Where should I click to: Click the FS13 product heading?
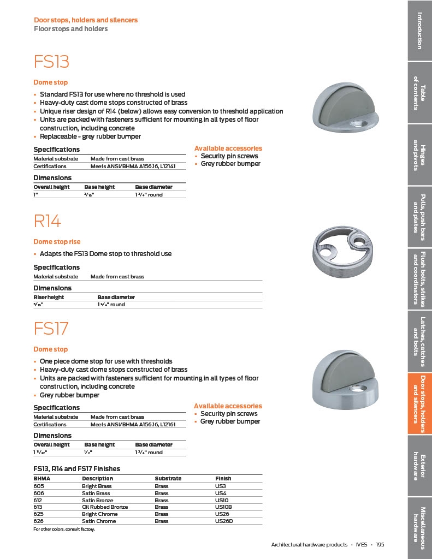pyautogui.click(x=52, y=62)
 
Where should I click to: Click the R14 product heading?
pyautogui.click(x=48, y=221)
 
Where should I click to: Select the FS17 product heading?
pyautogui.click(x=52, y=329)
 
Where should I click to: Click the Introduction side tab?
pyautogui.click(x=419, y=30)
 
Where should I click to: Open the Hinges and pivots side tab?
pyautogui.click(x=419, y=154)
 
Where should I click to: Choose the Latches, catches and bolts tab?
pyautogui.click(x=419, y=341)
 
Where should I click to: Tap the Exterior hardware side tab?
pyautogui.click(x=419, y=466)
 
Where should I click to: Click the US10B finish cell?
pyautogui.click(x=223, y=507)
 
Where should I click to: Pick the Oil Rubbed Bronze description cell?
pyautogui.click(x=105, y=507)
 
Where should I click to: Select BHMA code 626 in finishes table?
pyautogui.click(x=38, y=521)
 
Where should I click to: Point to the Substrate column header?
pyautogui.click(x=168, y=478)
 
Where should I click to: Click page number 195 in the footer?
pyautogui.click(x=380, y=545)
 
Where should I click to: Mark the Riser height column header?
pyautogui.click(x=49, y=297)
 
